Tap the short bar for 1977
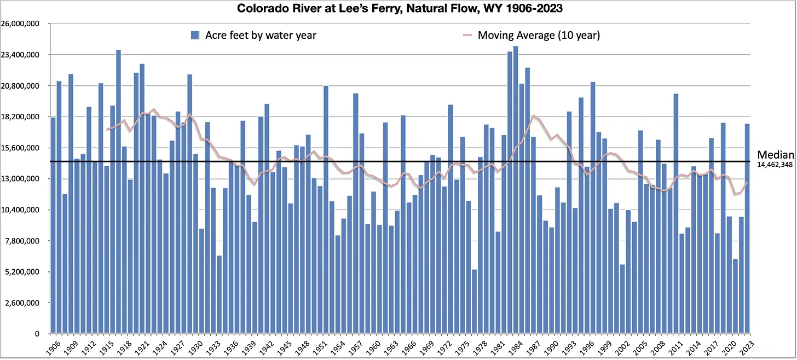pos(474,301)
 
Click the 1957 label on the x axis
pos(354,346)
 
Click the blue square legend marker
pos(194,36)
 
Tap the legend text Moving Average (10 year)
pos(539,36)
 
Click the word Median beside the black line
pos(776,155)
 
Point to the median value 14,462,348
pos(776,164)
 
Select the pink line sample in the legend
pos(467,36)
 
